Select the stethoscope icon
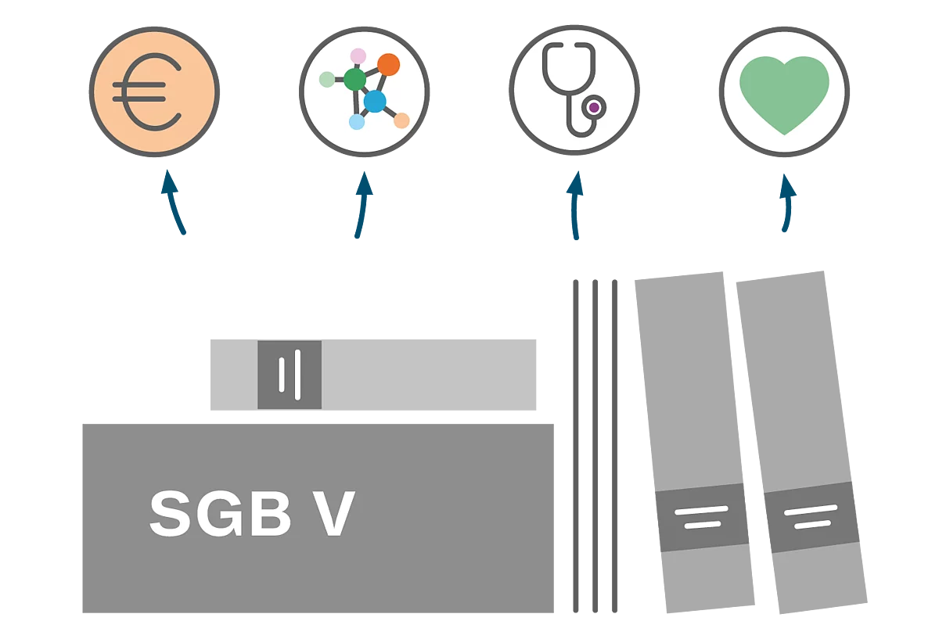(x=574, y=90)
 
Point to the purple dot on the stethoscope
(x=595, y=106)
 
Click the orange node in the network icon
(x=388, y=64)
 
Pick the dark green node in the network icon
(x=354, y=79)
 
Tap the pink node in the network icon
(x=358, y=56)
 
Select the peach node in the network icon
(x=401, y=120)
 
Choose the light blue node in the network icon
(x=357, y=122)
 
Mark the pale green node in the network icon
(x=327, y=78)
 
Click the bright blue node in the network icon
(x=375, y=101)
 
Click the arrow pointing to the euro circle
(x=174, y=203)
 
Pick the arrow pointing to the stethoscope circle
(x=577, y=205)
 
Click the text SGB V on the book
(x=252, y=514)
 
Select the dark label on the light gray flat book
(x=290, y=375)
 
